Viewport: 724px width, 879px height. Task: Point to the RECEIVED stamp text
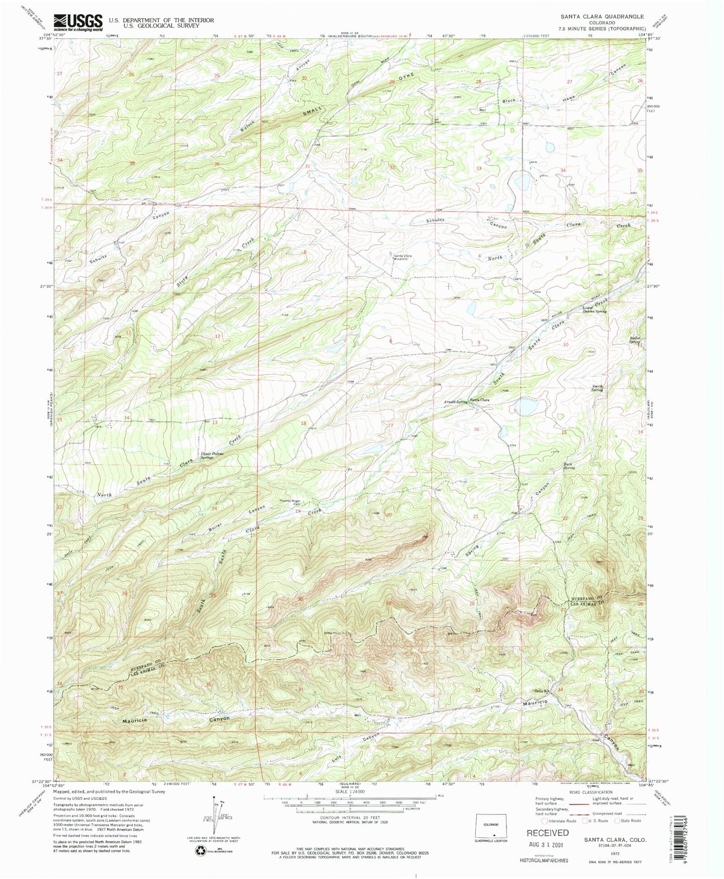pos(547,832)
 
